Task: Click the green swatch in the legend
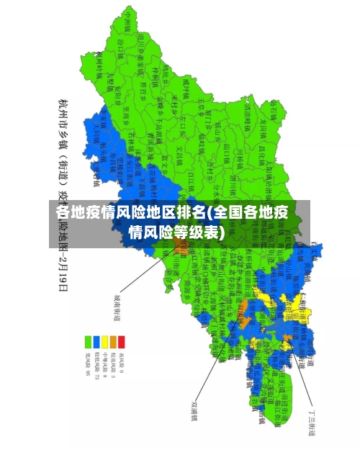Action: [x=88, y=340]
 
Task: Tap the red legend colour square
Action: [x=121, y=340]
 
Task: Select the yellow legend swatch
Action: [x=104, y=340]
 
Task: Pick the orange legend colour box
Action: [x=113, y=340]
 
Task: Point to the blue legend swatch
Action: [x=96, y=340]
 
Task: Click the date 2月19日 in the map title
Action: [x=63, y=271]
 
